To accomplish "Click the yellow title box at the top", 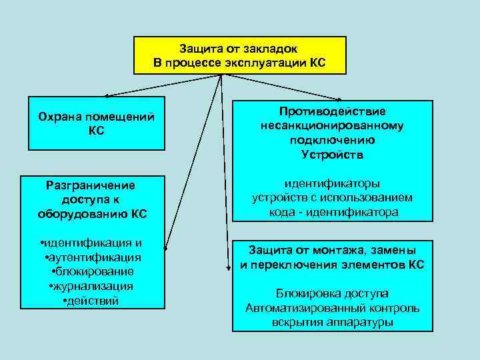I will coord(240,55).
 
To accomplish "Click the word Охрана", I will coord(57,117).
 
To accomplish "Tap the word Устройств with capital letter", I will coord(332,155).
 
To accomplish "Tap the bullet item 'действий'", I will coord(91,301).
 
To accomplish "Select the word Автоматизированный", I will coord(299,309).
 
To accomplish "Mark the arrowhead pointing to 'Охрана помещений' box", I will coord(107,95).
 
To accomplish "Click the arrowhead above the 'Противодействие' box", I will coord(344,98).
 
